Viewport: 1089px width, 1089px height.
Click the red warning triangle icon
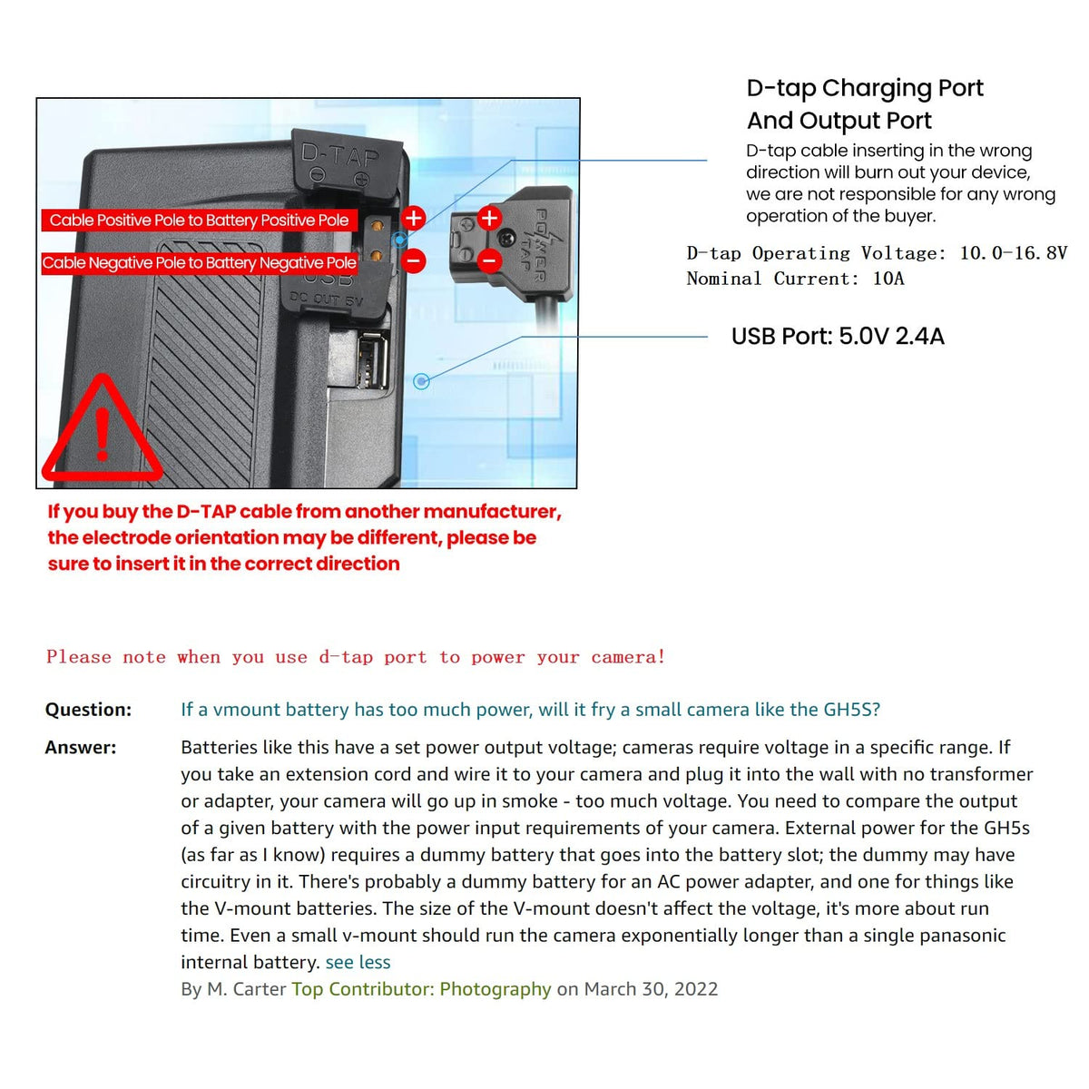102,434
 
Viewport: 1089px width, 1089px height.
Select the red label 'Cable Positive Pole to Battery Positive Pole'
199,221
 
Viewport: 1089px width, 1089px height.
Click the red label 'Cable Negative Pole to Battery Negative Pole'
199,263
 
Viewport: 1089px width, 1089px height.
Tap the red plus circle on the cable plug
489,218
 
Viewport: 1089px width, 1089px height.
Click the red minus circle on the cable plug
489,261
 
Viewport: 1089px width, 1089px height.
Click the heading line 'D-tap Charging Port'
864,88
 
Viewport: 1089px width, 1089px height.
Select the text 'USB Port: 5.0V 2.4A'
838,337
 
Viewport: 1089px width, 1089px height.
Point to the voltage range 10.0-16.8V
1013,253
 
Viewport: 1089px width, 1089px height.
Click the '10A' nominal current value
888,279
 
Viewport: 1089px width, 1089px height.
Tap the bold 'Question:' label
88,710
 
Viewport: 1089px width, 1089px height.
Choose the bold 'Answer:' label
81,748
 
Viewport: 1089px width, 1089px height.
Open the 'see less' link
358,962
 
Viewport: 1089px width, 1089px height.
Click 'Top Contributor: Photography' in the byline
421,989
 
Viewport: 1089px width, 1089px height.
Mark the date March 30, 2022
651,989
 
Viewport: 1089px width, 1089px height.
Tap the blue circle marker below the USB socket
421,381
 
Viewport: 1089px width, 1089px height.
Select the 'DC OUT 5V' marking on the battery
326,299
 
